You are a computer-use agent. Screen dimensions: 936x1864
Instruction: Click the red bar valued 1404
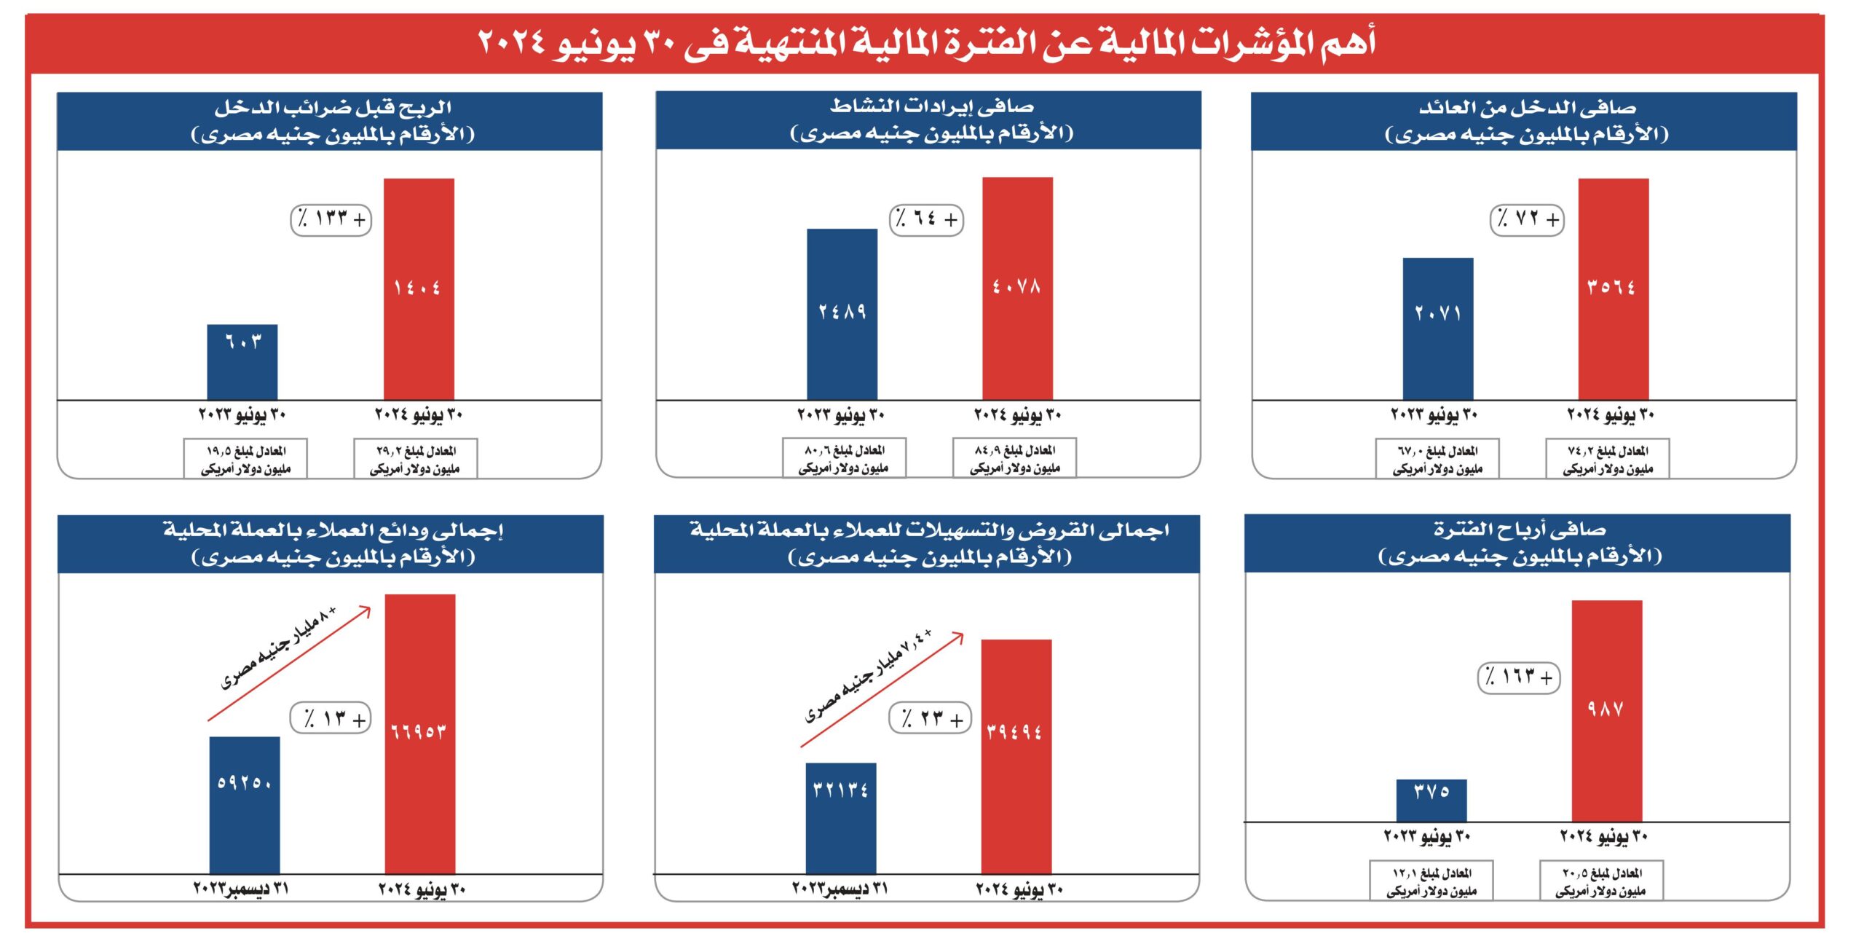(x=419, y=288)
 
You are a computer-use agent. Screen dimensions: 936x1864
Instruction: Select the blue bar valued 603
(x=242, y=362)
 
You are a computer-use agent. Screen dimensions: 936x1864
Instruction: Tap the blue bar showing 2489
(x=842, y=314)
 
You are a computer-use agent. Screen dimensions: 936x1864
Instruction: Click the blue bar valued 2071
(x=1437, y=329)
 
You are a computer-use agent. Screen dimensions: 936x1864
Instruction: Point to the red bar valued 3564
(x=1613, y=288)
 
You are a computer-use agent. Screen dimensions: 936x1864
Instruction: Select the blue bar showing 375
(x=1431, y=800)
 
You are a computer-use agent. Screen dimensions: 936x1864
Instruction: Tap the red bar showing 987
(x=1606, y=710)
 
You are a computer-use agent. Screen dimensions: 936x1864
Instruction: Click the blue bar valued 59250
(x=245, y=804)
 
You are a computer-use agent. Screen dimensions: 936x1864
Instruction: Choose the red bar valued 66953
(x=420, y=734)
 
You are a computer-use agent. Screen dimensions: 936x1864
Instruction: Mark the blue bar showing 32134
(x=840, y=817)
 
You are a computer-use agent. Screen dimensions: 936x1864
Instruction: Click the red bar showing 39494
(x=1016, y=756)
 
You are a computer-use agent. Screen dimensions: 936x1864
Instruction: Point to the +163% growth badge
(x=1518, y=677)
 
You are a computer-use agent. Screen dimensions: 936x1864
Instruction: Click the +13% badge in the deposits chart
(x=331, y=719)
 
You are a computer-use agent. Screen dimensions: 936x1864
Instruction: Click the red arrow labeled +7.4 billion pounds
(x=882, y=691)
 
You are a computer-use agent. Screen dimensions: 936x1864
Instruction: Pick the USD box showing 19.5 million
(x=245, y=459)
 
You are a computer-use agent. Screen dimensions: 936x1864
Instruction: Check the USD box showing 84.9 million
(x=1014, y=458)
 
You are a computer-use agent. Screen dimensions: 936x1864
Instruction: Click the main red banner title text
(x=926, y=42)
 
